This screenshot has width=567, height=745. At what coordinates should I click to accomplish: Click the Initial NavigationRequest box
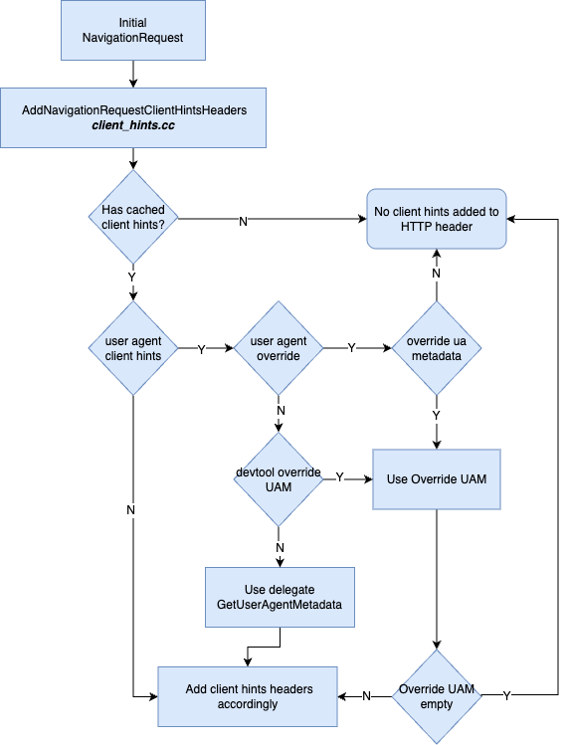[x=133, y=30]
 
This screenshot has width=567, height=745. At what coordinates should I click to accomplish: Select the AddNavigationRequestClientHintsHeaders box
[x=133, y=117]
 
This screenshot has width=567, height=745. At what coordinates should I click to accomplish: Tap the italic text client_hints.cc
[x=133, y=125]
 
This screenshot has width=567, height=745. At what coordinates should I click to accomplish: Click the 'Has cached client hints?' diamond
[x=133, y=217]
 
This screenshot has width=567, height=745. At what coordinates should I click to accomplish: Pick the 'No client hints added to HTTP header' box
[x=437, y=219]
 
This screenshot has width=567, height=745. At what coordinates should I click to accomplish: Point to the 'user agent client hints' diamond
[x=133, y=348]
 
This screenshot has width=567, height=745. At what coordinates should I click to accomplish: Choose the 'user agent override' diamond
[x=279, y=348]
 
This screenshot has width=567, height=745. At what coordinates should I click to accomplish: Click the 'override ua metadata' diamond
[x=437, y=348]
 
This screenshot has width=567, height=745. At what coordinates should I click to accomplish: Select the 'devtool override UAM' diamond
[x=279, y=479]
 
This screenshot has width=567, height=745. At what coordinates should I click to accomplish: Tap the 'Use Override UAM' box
[x=437, y=479]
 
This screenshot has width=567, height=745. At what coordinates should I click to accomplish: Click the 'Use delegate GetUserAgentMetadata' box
[x=280, y=597]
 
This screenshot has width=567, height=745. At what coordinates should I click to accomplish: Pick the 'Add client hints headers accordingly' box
[x=248, y=696]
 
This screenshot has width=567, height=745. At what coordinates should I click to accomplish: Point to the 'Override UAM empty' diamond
[x=437, y=696]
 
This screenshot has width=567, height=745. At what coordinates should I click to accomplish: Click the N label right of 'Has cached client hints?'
[x=243, y=222]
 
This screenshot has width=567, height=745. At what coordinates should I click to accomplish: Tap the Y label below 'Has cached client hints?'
[x=131, y=277]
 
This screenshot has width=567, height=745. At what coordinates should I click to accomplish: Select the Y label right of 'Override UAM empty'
[x=506, y=696]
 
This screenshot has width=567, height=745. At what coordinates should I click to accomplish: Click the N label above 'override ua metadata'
[x=437, y=274]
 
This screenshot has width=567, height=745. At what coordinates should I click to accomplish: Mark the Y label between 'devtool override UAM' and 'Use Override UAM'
[x=340, y=477]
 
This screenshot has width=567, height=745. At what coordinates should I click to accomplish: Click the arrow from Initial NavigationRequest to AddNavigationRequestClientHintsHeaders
[x=133, y=75]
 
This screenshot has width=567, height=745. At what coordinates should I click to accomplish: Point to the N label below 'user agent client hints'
[x=130, y=510]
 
